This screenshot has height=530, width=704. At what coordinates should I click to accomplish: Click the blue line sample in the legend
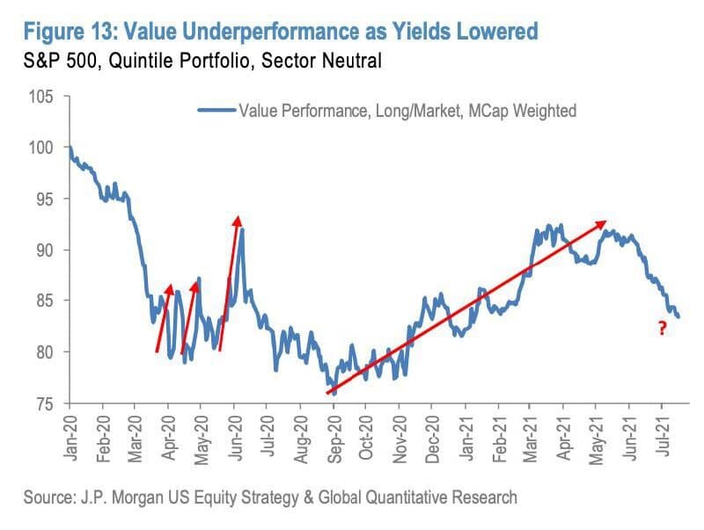(216, 111)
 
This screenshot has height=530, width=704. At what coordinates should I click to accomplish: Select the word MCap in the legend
(480, 111)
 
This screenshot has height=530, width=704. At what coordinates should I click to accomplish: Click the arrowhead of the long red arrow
(604, 221)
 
